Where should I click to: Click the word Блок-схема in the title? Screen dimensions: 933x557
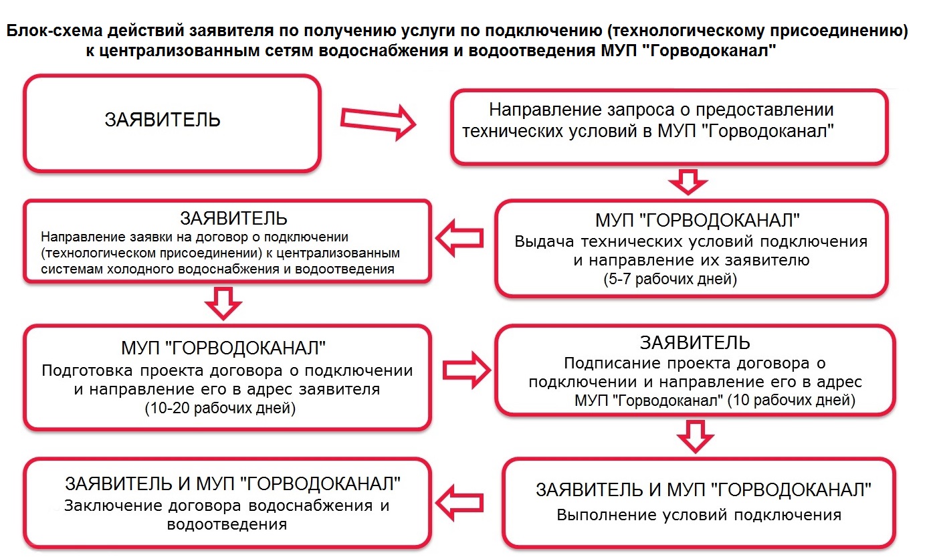tap(54, 31)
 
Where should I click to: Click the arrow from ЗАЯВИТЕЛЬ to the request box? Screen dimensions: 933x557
tap(378, 122)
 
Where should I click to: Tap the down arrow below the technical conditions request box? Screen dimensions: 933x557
tap(688, 182)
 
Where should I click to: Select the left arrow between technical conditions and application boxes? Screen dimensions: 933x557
tap(459, 239)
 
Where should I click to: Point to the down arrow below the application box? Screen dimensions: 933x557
tap(223, 303)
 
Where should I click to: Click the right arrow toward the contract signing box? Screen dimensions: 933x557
tap(467, 370)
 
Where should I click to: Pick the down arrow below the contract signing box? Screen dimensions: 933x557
tap(695, 436)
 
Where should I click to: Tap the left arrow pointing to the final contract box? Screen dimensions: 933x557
tap(459, 503)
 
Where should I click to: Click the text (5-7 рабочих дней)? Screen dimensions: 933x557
tap(670, 279)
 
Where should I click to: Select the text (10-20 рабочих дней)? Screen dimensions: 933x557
tap(220, 408)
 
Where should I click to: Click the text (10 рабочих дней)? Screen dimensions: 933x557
tap(791, 400)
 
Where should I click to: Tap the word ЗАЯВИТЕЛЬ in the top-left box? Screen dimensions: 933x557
tap(163, 120)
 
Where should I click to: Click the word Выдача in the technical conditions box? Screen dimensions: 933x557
tap(544, 241)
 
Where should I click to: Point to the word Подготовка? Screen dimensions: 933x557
tap(87, 370)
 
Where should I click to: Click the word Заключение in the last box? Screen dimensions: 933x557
tap(112, 506)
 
